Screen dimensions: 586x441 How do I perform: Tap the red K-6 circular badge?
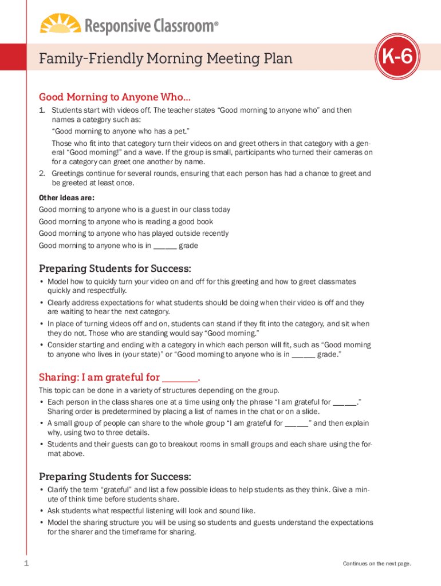[x=397, y=58]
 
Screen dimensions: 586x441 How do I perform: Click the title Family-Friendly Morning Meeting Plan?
[x=166, y=58]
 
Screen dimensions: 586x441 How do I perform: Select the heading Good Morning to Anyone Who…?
[x=115, y=97]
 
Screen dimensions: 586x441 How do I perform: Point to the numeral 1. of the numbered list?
[x=42, y=110]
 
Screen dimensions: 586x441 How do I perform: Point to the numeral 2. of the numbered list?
[x=42, y=173]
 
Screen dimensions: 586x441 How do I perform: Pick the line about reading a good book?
[x=126, y=221]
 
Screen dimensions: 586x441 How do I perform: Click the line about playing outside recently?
[x=133, y=233]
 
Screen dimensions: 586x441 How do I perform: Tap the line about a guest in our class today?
[x=135, y=209]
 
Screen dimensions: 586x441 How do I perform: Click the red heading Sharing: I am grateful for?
[x=119, y=377]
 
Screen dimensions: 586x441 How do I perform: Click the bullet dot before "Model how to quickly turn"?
[x=42, y=282]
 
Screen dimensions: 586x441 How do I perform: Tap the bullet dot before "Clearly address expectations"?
[x=42, y=302]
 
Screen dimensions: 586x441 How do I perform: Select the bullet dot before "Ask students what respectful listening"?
[x=42, y=510]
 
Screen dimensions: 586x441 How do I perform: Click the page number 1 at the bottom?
[x=26, y=564]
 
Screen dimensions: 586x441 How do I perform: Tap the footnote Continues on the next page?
[x=377, y=564]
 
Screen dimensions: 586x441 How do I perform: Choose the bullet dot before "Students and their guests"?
[x=42, y=444]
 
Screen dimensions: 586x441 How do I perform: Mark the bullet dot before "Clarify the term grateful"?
[x=42, y=490]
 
